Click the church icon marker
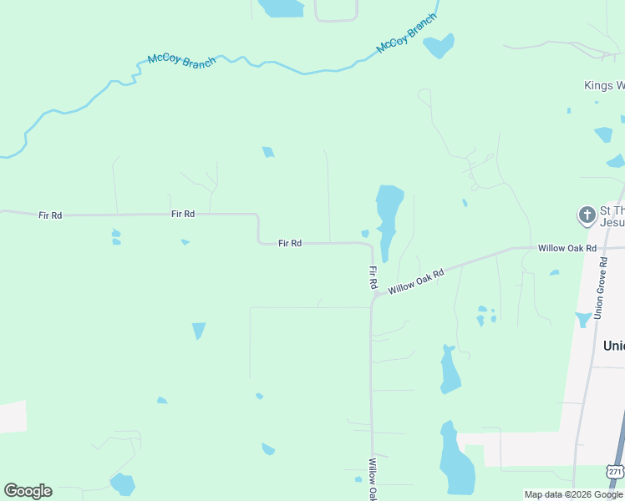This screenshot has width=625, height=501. (587, 216)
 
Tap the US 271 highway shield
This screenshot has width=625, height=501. (616, 472)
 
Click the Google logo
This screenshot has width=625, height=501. (28, 491)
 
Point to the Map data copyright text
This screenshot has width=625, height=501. (573, 494)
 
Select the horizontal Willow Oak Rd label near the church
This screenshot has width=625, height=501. (567, 248)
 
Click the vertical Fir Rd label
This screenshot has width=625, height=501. (373, 277)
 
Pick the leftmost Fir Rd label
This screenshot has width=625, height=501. (50, 215)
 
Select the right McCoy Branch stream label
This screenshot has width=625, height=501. (406, 34)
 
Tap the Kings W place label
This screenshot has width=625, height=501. (603, 85)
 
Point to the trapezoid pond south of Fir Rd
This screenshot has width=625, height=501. (199, 330)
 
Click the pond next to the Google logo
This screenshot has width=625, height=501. (123, 484)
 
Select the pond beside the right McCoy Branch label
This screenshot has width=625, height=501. (440, 46)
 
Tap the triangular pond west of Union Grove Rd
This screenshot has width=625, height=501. (582, 319)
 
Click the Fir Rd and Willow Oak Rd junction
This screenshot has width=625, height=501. (373, 296)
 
